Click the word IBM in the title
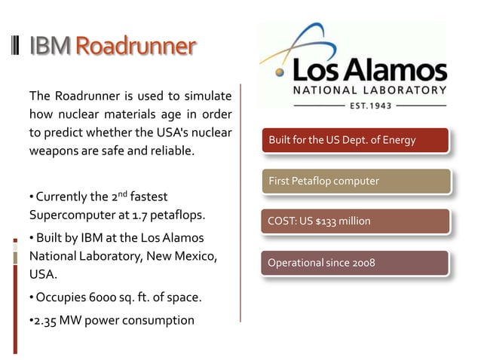tap(51, 47)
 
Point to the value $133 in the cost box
tap(326, 221)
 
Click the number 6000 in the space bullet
tap(95, 297)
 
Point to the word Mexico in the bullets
tap(197, 257)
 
